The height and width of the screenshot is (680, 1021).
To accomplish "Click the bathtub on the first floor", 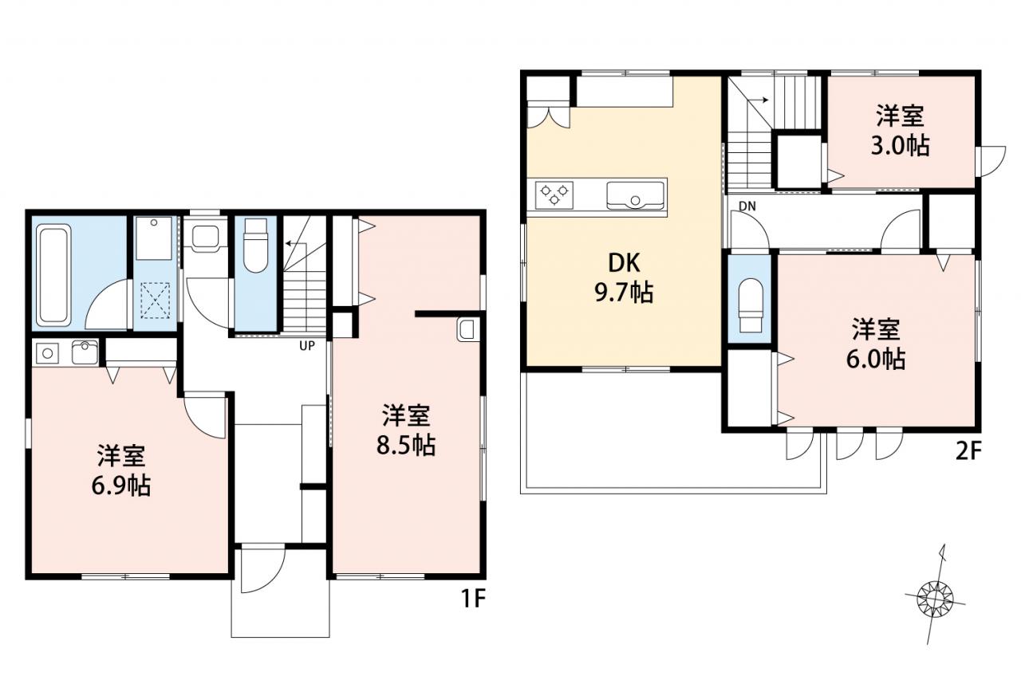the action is (53, 275).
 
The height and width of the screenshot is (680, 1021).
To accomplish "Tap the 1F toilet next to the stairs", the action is (256, 246).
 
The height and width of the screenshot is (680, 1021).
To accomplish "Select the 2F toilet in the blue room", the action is (750, 305).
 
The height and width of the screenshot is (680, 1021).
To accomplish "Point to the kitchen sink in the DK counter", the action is (635, 196).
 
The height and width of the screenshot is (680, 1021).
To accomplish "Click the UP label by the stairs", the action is (307, 346).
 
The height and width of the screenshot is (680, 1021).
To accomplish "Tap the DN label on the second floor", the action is (747, 206).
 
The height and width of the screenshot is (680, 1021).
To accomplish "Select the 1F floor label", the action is (474, 599).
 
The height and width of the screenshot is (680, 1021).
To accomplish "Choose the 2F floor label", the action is (967, 452).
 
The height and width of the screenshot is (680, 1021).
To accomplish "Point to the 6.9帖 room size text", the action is (121, 486).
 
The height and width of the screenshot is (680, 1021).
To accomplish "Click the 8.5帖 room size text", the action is (406, 446).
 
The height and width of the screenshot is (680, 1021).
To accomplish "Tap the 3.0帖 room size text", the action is (901, 146).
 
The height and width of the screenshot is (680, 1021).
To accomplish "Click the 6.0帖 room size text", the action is (876, 360).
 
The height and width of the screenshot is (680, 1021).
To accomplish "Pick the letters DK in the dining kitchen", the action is (624, 263).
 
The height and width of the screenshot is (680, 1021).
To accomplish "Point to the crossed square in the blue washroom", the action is (155, 301).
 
